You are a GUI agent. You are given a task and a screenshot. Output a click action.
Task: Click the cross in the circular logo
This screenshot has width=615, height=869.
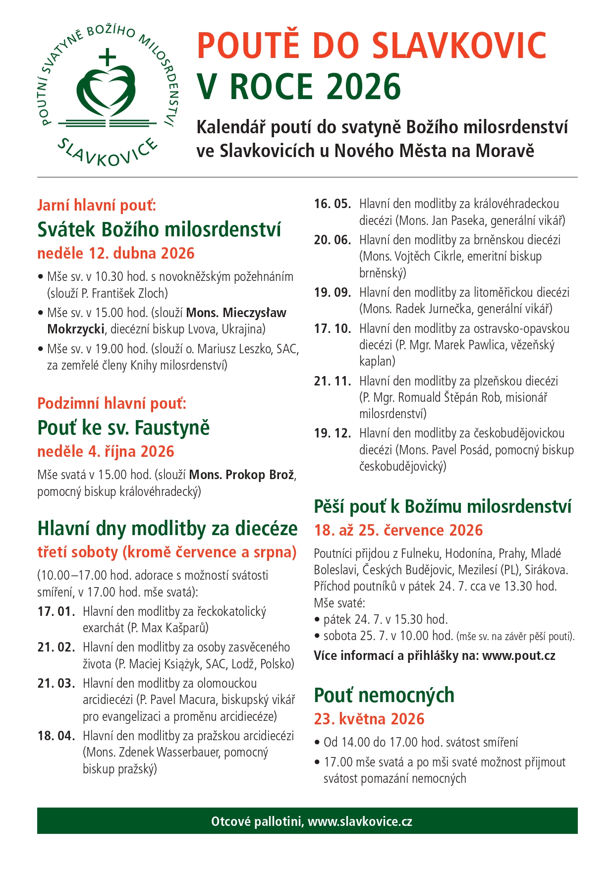coord(107,57)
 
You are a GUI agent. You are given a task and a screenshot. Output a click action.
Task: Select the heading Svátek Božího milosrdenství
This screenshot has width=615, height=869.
coord(159,229)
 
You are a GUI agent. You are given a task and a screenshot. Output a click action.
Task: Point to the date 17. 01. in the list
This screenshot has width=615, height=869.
coord(56,612)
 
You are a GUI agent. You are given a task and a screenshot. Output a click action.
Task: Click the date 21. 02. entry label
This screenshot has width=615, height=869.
coord(56,648)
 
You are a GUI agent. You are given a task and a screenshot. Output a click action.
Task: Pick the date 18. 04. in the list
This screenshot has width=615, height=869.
coord(56,736)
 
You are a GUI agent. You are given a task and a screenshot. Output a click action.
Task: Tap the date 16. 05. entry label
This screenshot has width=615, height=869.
coord(332,204)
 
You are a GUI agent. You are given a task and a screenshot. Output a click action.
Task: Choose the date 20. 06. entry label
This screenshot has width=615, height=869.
coord(332,240)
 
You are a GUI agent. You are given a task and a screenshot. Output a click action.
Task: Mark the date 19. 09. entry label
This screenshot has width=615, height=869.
coord(332,293)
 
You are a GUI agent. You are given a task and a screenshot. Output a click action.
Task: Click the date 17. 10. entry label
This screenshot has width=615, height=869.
coord(332,329)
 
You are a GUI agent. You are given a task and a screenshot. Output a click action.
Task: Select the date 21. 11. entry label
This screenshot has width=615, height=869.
coord(332,381)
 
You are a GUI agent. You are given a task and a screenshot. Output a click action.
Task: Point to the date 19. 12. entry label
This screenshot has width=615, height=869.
coord(332,434)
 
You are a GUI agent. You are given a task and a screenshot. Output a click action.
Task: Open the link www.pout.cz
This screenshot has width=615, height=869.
coord(518,656)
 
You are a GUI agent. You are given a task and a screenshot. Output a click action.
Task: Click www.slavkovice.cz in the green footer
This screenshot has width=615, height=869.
coord(360,821)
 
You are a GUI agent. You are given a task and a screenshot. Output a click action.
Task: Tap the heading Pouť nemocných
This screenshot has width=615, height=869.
coord(384,695)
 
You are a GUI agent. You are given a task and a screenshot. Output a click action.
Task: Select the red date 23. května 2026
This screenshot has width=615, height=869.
coord(369,719)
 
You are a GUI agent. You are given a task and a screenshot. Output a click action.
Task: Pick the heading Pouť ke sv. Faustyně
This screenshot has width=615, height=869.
coord(123,428)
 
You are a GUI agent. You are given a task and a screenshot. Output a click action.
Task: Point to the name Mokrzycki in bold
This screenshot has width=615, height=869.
coord(75,329)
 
